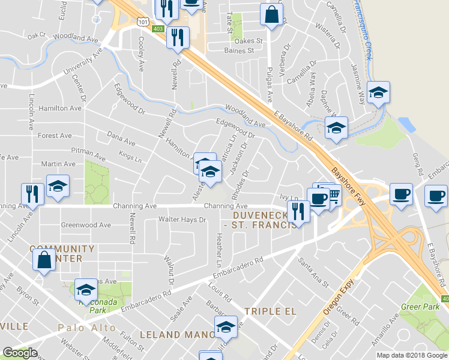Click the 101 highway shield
[142, 22]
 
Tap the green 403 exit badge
[158, 28]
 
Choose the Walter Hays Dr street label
[182, 220]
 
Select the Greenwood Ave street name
[86, 225]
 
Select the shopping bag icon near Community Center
[44, 260]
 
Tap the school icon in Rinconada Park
[86, 290]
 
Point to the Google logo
[20, 353]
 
